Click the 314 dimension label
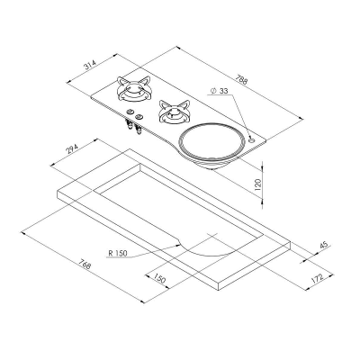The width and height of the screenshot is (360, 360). click(x=89, y=65)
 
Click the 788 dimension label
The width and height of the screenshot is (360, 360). click(x=241, y=80)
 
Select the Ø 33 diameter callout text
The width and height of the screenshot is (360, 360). click(x=220, y=91)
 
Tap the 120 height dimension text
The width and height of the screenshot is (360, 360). click(x=258, y=185)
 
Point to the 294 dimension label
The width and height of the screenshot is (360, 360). click(x=72, y=149)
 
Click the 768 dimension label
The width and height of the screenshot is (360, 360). click(x=85, y=264)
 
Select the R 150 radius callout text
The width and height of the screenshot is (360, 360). click(x=118, y=253)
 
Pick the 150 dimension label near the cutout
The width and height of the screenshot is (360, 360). click(x=159, y=278)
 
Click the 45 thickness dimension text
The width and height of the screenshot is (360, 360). click(x=324, y=245)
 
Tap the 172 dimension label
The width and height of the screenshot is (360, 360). click(x=318, y=278)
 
